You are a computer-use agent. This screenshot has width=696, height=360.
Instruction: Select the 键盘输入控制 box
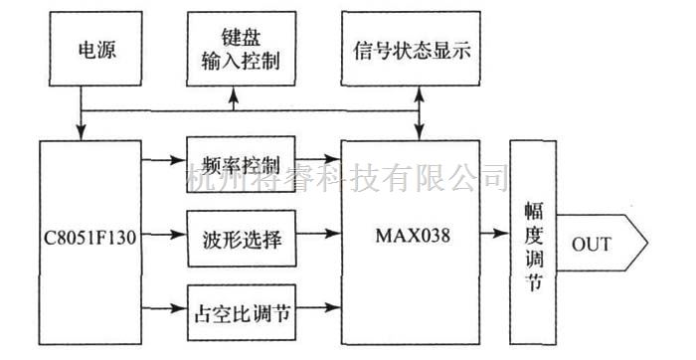tap(234, 48)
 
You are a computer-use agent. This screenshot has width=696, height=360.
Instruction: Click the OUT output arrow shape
tap(601, 243)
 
